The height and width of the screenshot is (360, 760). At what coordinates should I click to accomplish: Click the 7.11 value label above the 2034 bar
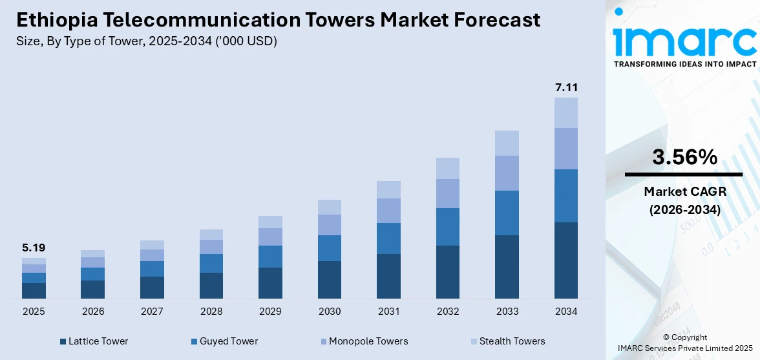[x=566, y=87]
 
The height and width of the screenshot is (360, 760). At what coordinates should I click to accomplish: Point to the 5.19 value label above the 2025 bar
[x=34, y=248]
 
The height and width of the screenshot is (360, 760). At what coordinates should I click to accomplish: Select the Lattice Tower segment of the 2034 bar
[x=566, y=260]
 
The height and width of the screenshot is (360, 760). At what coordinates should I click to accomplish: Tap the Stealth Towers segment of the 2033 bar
[x=507, y=143]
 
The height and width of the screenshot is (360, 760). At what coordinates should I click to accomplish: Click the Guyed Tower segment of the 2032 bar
[x=448, y=227]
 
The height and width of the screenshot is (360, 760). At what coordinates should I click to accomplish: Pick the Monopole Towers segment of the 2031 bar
[x=388, y=211]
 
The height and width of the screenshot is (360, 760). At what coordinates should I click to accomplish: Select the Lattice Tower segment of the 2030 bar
[x=330, y=279]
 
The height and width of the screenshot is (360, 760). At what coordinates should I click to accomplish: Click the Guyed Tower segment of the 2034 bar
[x=566, y=196]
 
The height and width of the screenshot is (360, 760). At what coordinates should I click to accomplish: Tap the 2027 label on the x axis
[x=152, y=312]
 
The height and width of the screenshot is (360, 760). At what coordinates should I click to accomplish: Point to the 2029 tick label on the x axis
[x=270, y=312]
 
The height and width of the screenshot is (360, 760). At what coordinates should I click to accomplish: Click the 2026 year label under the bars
[x=93, y=312]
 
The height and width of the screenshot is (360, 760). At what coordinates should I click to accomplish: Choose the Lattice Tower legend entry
[x=94, y=341]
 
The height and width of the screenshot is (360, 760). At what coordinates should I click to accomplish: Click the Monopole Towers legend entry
[x=363, y=341]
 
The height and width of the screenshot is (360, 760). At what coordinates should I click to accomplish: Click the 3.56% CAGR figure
[x=684, y=157]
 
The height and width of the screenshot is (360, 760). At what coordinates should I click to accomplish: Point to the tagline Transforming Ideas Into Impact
[x=684, y=65]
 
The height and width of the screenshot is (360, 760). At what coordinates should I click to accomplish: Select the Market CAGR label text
[x=684, y=191]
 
